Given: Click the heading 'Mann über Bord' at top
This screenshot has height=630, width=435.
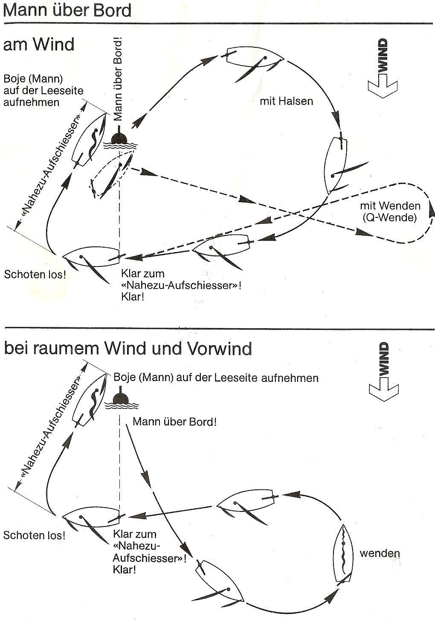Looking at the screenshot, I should click(x=67, y=10).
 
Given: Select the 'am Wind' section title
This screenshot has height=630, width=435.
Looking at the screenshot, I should click(x=38, y=44).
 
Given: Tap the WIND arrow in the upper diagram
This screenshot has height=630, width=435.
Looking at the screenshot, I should click(x=383, y=68).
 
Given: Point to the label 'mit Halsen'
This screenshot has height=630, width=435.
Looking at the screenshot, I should click(x=286, y=101).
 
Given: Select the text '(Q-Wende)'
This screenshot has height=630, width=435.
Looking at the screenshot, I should click(x=390, y=217).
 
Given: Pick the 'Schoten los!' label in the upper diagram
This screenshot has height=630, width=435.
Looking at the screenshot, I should click(x=35, y=274).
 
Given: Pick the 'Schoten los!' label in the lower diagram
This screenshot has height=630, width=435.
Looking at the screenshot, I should click(x=34, y=535).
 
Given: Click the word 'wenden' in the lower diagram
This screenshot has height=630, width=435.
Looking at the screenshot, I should click(x=380, y=554).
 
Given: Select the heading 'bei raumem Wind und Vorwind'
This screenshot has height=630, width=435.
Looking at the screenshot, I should click(x=128, y=349).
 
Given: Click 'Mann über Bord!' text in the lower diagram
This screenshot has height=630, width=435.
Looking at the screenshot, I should click(x=175, y=422).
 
